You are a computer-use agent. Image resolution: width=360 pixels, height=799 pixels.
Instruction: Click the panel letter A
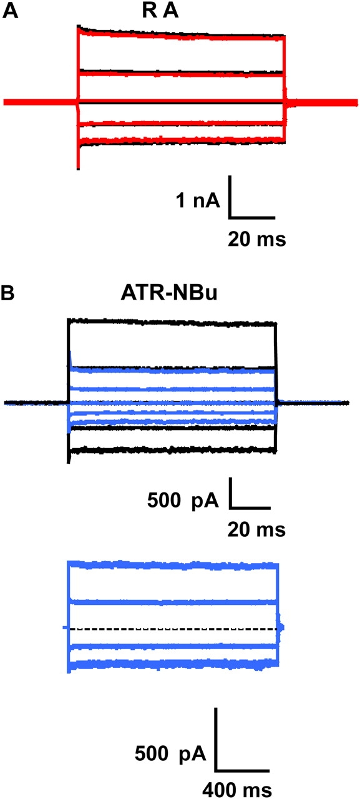pos(10,11)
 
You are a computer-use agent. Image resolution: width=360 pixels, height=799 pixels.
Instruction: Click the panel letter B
pos(8,293)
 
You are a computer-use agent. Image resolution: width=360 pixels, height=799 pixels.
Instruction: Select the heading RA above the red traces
pos(160,11)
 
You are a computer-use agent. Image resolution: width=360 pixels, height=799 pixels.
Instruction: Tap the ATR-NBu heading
pos(169,293)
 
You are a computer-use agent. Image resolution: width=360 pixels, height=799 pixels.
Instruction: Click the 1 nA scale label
pos(198,200)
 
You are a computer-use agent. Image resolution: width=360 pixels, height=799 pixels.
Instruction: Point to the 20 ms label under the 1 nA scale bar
pos(257,238)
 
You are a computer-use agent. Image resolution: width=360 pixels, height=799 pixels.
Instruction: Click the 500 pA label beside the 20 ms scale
pos(183,501)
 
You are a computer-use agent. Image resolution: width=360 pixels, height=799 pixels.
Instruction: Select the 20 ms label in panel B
pos(256,529)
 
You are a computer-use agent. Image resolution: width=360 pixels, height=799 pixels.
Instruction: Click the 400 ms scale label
pos(237,789)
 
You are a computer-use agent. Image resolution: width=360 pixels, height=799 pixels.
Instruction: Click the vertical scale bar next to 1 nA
pos(230,196)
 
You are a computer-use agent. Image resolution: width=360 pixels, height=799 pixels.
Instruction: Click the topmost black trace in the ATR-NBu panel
pos(172,323)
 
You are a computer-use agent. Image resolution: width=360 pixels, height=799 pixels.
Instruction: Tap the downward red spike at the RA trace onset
pos(78,157)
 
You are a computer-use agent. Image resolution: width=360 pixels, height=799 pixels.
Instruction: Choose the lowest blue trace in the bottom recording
pos(173,664)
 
